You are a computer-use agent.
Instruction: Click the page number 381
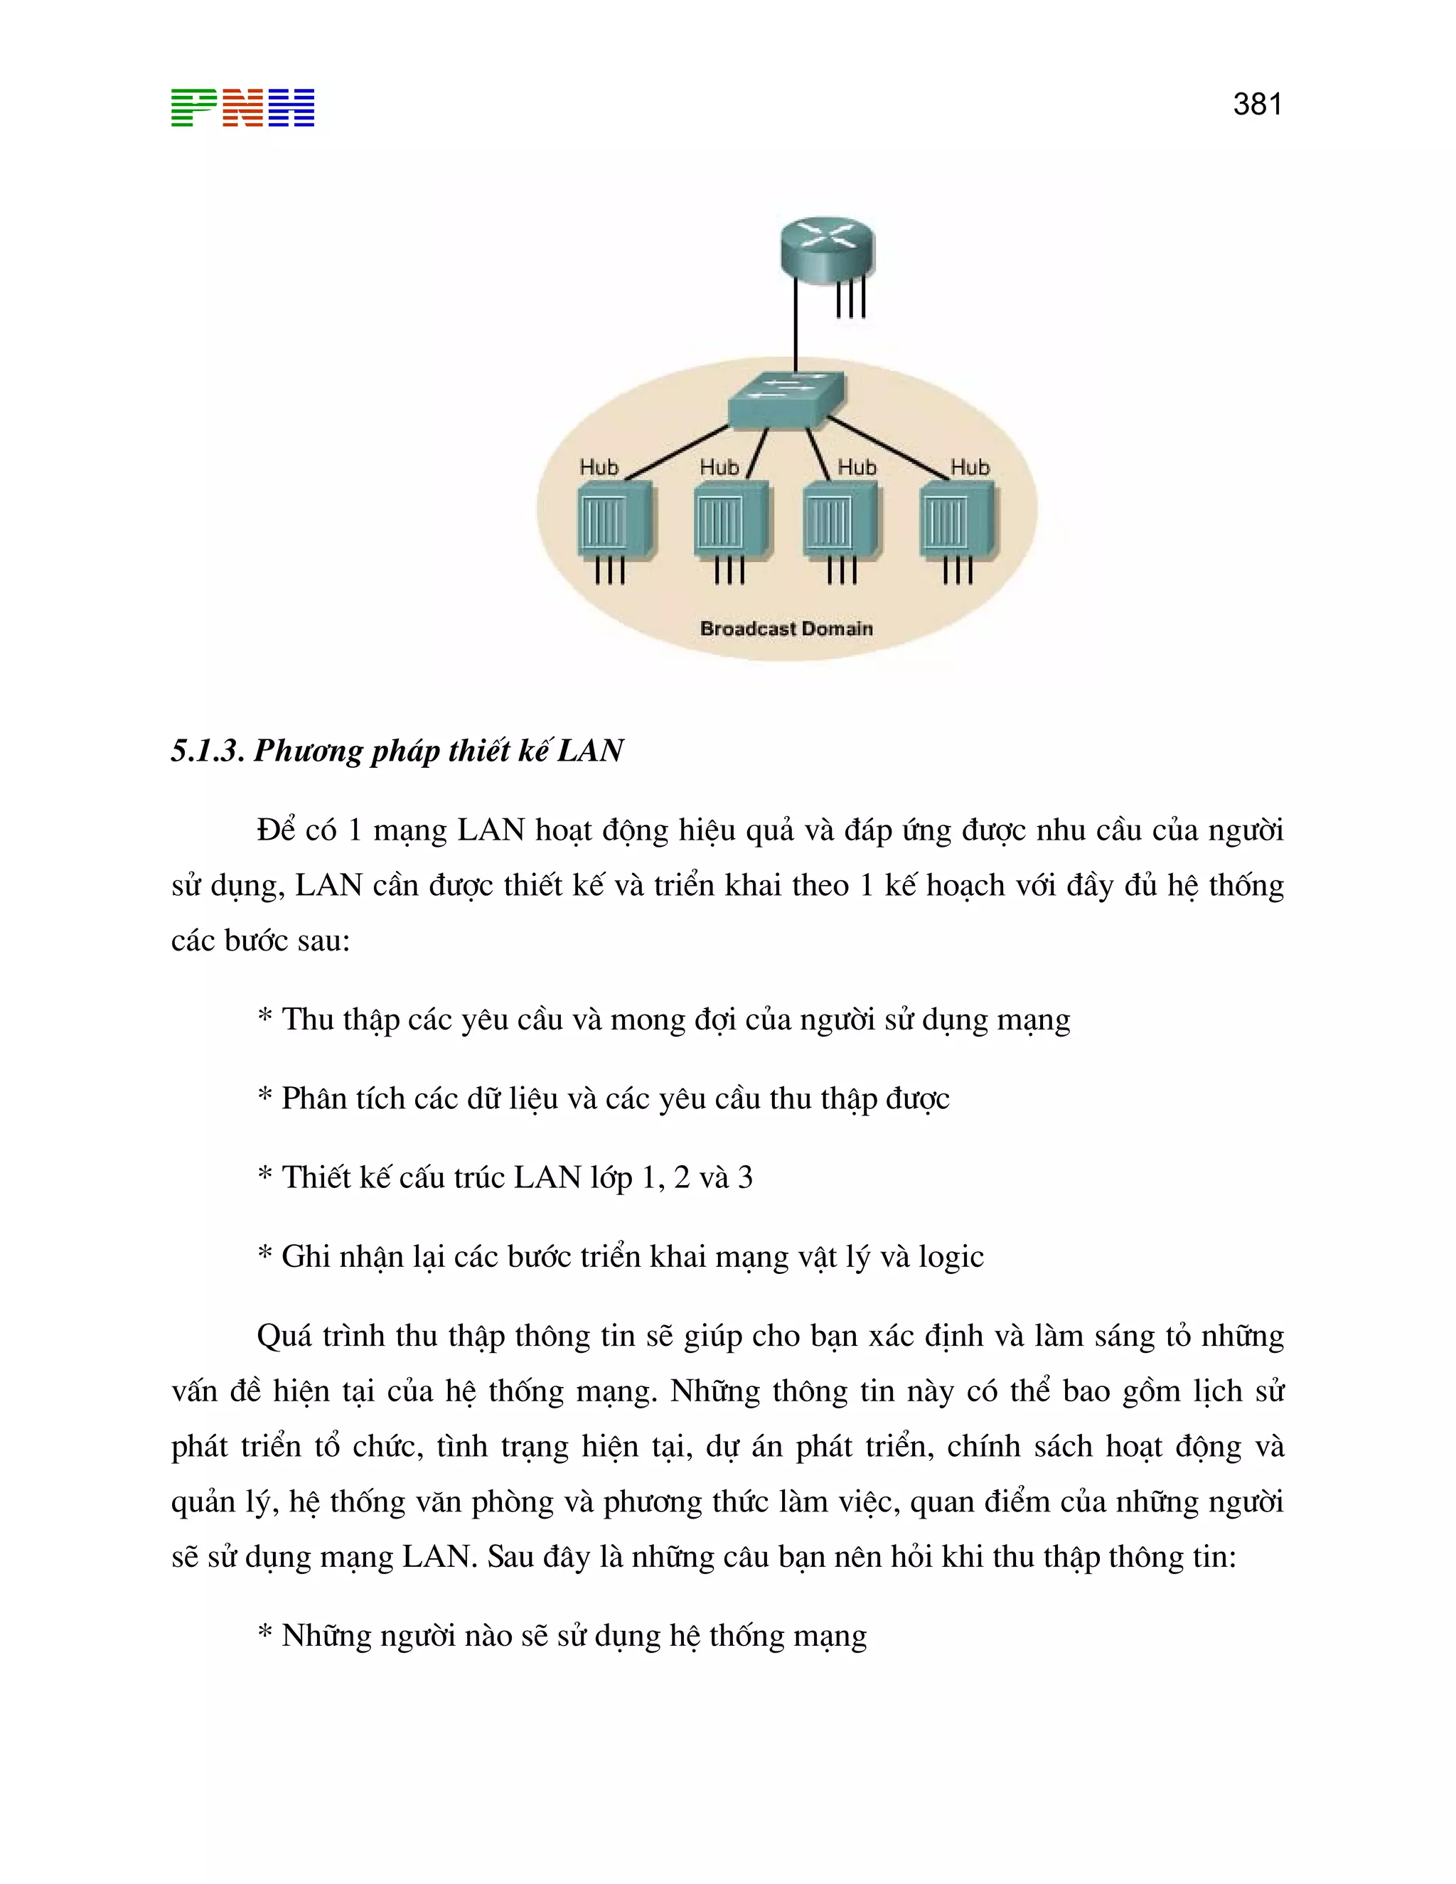pyautogui.click(x=1257, y=105)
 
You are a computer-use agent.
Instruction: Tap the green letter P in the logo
pyautogui.click(x=194, y=108)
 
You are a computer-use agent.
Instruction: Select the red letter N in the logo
pyautogui.click(x=242, y=108)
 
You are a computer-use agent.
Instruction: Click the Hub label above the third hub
pyautogui.click(x=857, y=468)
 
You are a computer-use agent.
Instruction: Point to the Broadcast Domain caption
pyautogui.click(x=786, y=629)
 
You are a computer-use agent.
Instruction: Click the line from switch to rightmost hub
pyautogui.click(x=889, y=449)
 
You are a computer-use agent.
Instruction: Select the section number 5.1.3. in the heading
pyautogui.click(x=208, y=751)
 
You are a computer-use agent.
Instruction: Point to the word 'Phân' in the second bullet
pyautogui.click(x=312, y=1099)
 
